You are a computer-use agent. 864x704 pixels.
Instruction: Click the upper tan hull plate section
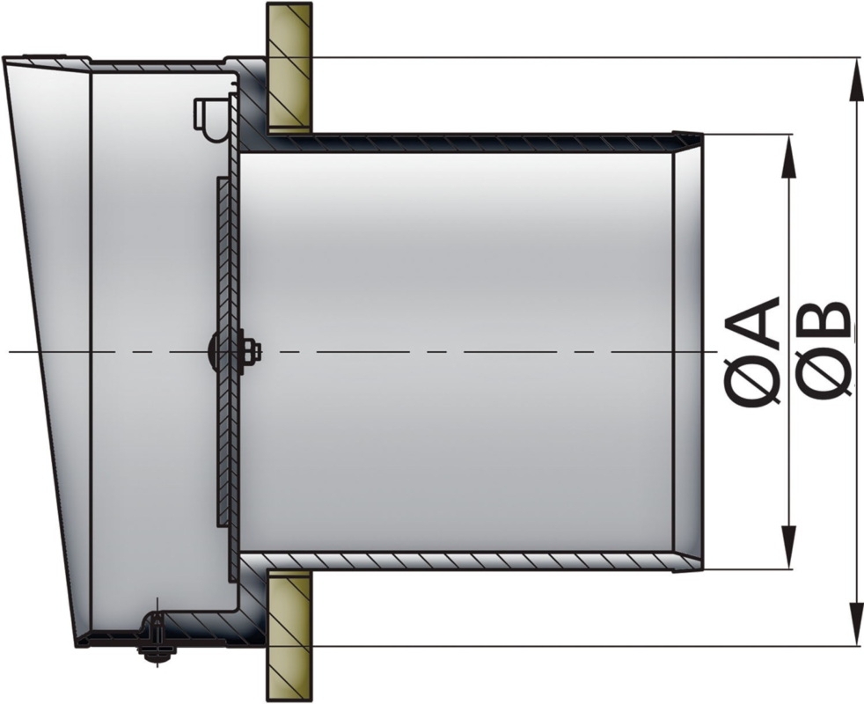pos(289,67)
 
